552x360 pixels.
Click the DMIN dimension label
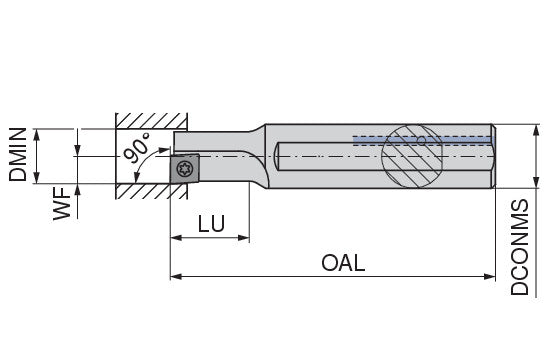(18, 155)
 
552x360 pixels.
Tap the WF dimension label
(62, 204)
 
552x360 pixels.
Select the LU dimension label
(211, 223)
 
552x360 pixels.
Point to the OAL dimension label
(343, 263)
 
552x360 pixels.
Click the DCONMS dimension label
(520, 247)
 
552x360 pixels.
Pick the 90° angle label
(137, 147)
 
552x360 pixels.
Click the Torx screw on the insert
(185, 169)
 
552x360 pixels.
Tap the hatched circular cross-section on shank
(413, 156)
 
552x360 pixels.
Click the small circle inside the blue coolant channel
(421, 140)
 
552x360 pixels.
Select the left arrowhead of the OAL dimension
(176, 277)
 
